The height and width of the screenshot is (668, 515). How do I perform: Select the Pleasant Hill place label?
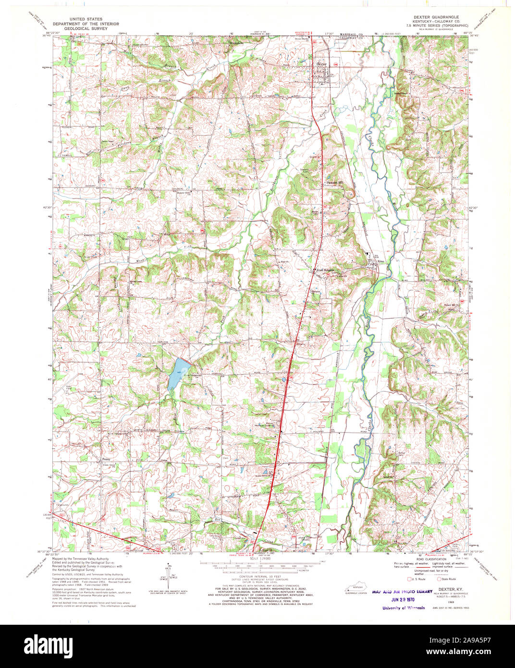tap(335, 183)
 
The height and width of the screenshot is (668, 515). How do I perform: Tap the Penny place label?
tap(107, 459)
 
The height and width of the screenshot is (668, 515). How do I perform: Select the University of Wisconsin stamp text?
tap(404, 608)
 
